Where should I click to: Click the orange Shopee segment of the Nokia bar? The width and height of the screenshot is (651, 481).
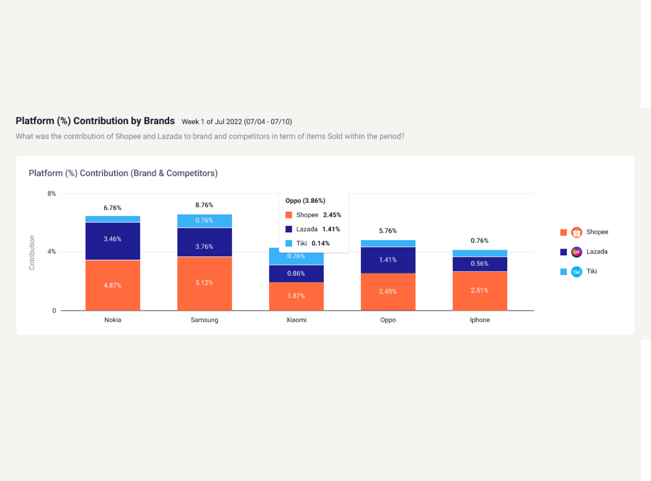112,285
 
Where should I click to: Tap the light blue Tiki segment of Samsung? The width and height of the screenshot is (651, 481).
204,221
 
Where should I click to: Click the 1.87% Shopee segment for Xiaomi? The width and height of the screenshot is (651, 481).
296,296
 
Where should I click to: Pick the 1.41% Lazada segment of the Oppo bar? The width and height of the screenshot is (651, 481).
388,260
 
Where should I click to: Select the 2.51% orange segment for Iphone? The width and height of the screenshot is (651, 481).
479,291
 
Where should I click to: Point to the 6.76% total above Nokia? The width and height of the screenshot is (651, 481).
112,208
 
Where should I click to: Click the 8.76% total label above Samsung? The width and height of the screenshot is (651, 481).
204,205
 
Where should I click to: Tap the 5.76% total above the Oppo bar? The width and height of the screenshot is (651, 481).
388,231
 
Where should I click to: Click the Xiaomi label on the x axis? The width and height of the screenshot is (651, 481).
296,320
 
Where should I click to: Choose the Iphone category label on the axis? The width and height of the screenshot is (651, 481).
479,320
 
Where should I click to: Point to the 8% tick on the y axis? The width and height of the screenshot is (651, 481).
51,193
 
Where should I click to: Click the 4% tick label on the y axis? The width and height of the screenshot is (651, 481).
51,252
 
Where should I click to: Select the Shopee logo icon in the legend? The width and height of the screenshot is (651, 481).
577,232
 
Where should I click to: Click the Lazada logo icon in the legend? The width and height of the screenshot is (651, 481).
577,252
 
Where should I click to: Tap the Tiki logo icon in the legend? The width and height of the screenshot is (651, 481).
577,272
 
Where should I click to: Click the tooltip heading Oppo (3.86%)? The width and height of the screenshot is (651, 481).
305,201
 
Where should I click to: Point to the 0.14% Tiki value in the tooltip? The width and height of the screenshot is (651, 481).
320,243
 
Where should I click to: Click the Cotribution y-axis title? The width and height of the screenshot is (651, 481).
32,253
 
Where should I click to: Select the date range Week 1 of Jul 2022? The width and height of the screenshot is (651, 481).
236,122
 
